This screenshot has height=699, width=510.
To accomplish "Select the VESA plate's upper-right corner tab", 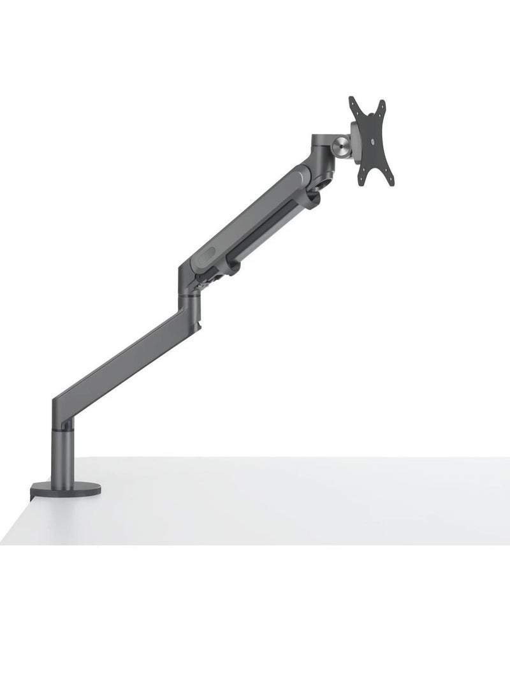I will point(382,104).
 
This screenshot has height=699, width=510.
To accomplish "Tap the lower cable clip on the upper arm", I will point(232,267).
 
